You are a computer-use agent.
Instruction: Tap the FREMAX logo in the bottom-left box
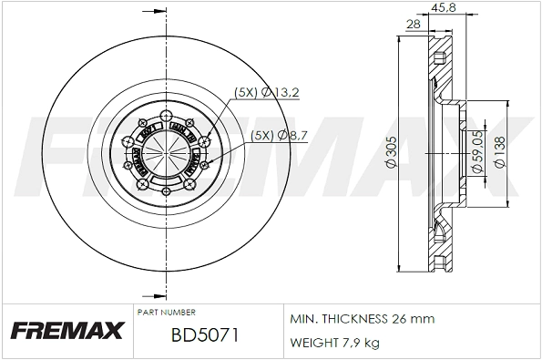(x=65, y=331)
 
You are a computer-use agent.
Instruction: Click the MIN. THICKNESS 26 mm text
(x=362, y=319)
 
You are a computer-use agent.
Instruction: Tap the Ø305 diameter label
(x=390, y=153)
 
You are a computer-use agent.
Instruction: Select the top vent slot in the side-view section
(x=442, y=62)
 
